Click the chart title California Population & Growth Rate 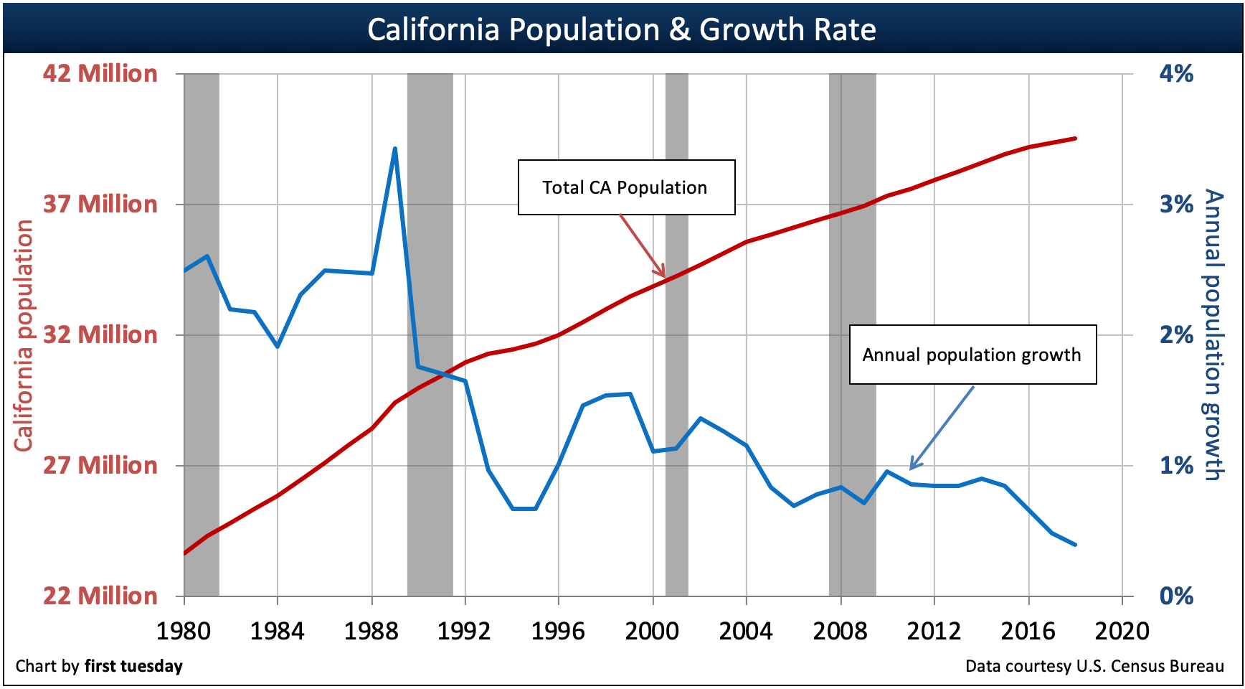621,30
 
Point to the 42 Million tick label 100,74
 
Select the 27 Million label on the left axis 100,466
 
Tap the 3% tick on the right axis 1176,205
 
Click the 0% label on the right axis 1176,596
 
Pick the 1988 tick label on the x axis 371,632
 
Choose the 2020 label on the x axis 1122,632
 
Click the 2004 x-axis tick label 746,632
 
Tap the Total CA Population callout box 626,187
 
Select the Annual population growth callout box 972,355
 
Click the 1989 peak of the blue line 394,149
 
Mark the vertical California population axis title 24,335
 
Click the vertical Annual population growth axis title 1212,335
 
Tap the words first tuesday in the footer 133,666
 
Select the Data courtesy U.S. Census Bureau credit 1094,666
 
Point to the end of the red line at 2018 1075,138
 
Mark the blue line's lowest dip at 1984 278,347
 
